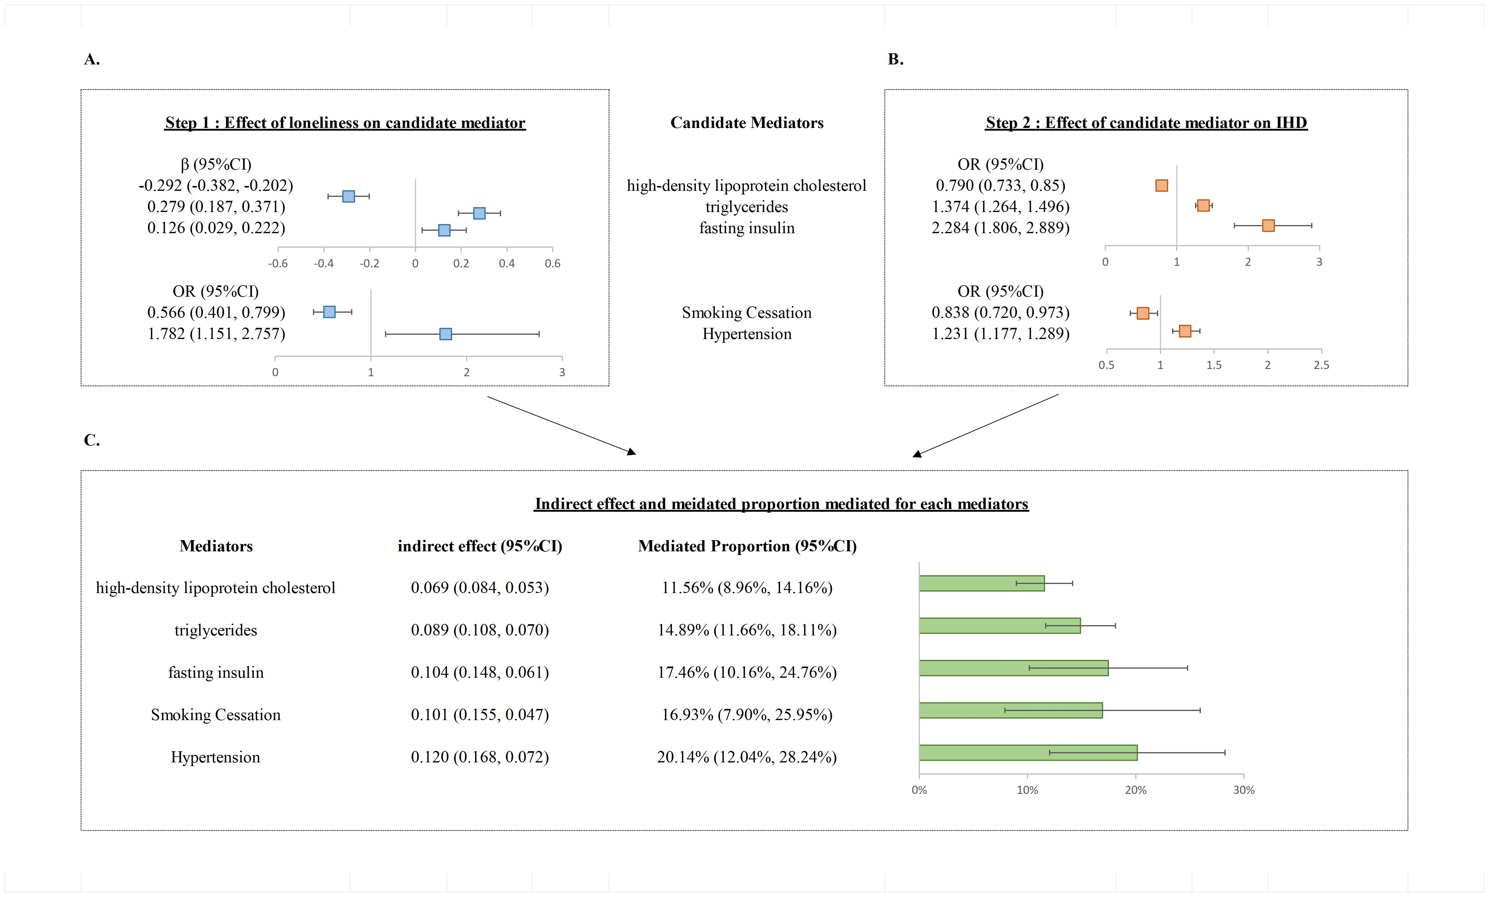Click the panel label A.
click(x=91, y=59)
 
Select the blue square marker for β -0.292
click(x=348, y=197)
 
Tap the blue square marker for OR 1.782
click(x=445, y=334)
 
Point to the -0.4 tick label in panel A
click(x=323, y=263)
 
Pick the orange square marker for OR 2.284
click(x=1268, y=225)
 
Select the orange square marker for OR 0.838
click(x=1142, y=313)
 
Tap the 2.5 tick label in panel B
click(x=1321, y=365)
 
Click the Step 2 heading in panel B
click(x=1146, y=123)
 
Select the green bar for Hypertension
click(x=1027, y=752)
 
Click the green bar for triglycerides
click(x=999, y=626)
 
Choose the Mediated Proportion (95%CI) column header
click(x=747, y=546)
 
